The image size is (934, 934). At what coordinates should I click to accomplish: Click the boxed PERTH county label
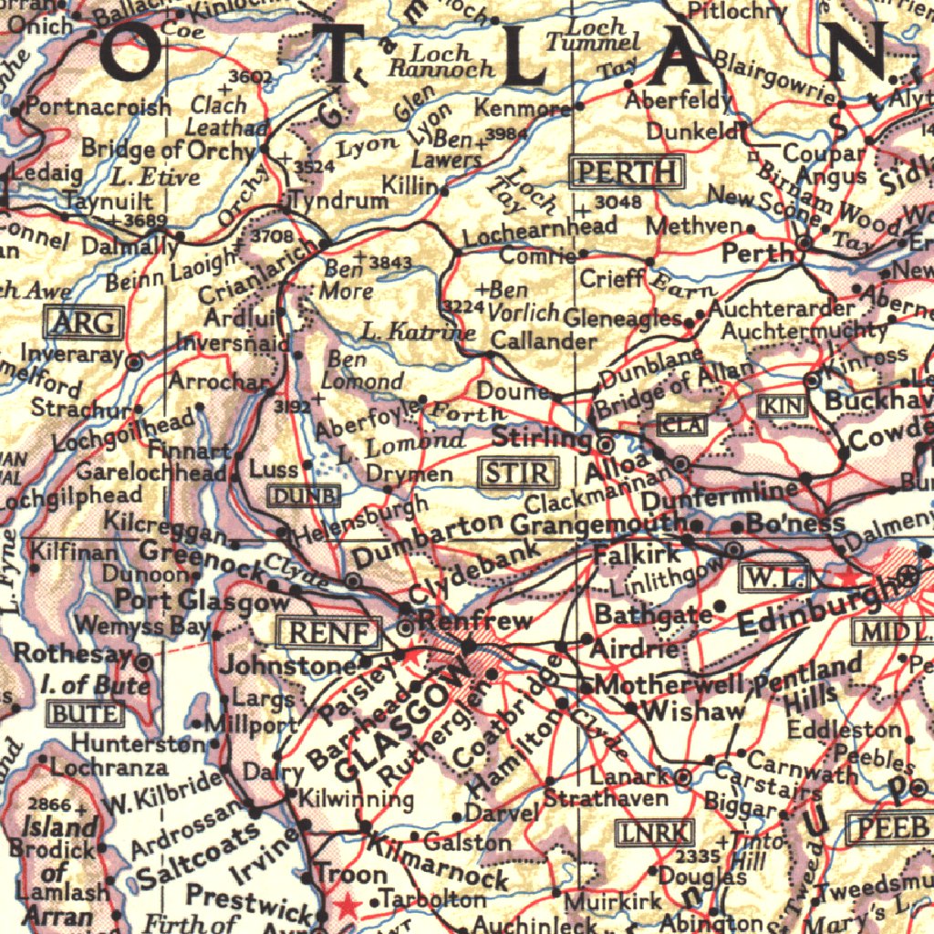coord(628,171)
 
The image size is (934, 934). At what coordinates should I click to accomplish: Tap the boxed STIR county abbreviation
coord(517,472)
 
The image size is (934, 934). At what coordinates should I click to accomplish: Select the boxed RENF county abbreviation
coord(327,631)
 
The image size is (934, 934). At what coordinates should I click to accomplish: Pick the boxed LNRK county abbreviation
coord(654,831)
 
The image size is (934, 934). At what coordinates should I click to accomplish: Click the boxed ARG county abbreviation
coord(83,322)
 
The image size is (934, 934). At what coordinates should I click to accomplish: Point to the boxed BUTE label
coord(85,713)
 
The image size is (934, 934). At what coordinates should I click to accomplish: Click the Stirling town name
coord(541,438)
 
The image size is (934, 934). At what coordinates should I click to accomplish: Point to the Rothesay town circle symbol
coord(144,660)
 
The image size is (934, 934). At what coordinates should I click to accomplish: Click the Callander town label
coord(543,340)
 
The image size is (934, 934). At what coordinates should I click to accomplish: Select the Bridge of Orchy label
coord(167,149)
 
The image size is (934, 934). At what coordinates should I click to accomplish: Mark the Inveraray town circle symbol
coord(134,363)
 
